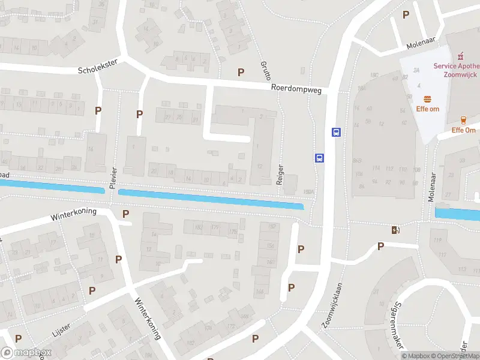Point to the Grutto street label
point(266,70)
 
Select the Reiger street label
point(280,173)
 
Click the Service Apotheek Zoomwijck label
point(457,71)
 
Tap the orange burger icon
point(428,99)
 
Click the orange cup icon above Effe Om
point(463,121)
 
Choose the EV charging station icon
point(395,229)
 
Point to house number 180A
point(309,192)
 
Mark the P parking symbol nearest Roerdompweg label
point(241,72)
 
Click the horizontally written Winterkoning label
point(73,214)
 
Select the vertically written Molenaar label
point(431,184)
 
